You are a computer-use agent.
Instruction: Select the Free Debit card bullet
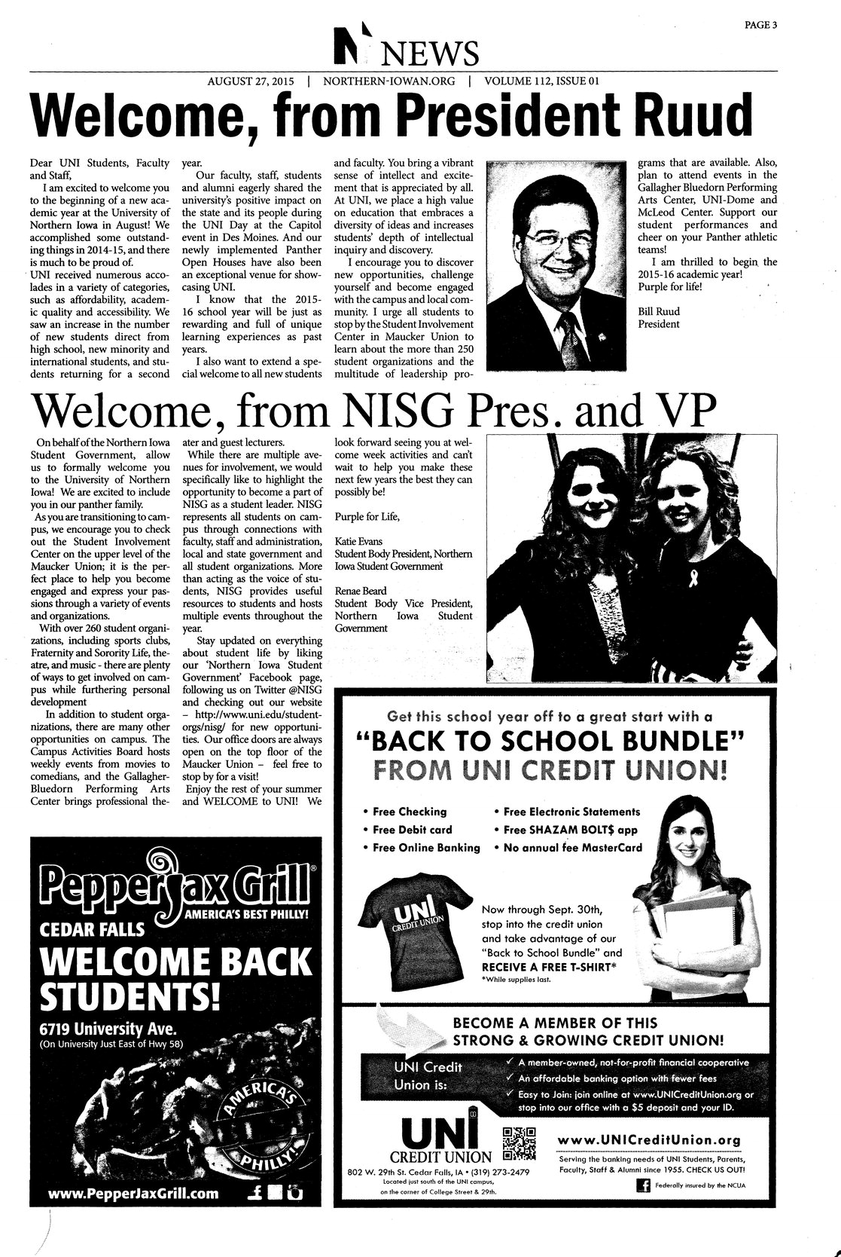pos(413,829)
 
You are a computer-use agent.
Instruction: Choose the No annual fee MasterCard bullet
pos(571,847)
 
